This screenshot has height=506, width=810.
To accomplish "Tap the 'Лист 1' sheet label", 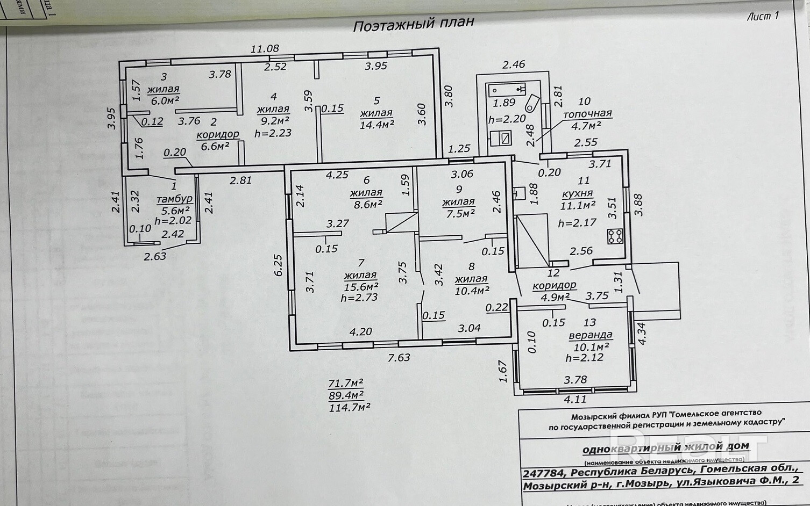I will tap(763, 16).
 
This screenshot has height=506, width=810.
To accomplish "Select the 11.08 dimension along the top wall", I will tap(265, 49).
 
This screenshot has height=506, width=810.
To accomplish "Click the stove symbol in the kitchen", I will tap(615, 236).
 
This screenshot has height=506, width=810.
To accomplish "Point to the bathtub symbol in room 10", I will tap(506, 88).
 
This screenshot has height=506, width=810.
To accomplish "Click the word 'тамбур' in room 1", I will tap(174, 199).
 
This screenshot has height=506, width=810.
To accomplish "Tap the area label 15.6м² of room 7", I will tap(361, 287).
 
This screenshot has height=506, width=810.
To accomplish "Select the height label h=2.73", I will tap(359, 298).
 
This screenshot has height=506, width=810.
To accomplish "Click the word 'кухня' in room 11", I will tap(577, 193).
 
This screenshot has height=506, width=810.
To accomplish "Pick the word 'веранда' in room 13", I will tap(591, 335).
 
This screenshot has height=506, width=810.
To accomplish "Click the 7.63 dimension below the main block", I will tap(399, 357).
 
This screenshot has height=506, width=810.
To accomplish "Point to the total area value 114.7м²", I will tap(349, 408).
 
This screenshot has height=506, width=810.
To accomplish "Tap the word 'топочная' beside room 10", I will tap(587, 114).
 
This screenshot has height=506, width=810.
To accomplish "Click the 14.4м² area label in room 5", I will tap(376, 125).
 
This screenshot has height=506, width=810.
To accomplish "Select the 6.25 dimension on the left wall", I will tap(278, 265).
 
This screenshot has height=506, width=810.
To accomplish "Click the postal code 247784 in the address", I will tap(544, 473).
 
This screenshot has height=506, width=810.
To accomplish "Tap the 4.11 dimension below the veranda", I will tap(575, 399).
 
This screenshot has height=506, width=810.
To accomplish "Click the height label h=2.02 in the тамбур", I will tap(173, 221).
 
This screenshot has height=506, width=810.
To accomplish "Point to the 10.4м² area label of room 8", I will tap(472, 291).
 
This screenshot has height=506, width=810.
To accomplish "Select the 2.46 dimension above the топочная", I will tap(514, 64).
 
